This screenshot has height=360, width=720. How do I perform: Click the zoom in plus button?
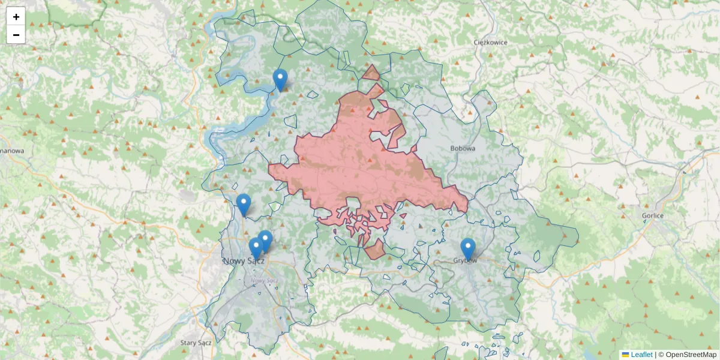coord(16,17)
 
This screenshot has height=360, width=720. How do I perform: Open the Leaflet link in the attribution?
coord(641,355)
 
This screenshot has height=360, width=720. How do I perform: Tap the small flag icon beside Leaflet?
coord(625,355)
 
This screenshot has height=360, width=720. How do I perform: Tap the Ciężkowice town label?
coord(490,42)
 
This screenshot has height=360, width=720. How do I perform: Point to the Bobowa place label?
coord(463,148)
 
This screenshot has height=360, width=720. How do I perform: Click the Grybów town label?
coord(466,261)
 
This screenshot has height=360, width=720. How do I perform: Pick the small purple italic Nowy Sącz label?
coord(264,280)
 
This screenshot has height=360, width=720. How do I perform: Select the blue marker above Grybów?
coord(468,248)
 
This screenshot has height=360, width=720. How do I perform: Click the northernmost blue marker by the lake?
coord(280,79)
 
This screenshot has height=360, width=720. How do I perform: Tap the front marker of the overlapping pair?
coord(256,247)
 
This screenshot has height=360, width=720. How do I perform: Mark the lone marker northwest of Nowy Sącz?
coord(243,204)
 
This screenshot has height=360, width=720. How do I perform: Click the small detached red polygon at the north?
coord(371,74)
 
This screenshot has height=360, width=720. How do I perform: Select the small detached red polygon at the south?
coord(375,250)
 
